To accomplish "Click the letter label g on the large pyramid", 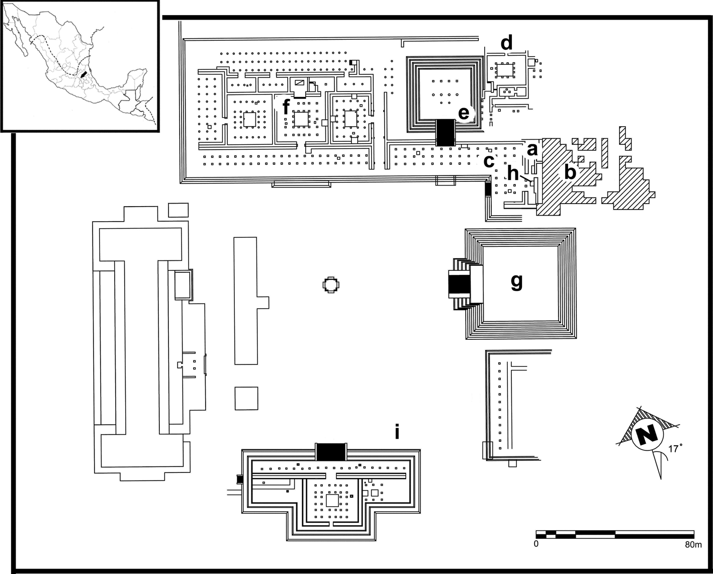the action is pos(516,282).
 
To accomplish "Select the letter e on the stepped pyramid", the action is pos(464,114).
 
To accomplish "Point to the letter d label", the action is pos(506,43).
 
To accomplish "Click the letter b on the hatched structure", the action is pos(569,172).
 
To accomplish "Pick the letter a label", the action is pos(532,149).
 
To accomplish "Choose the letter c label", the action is pos(488,161).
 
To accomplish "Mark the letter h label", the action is pos(512,173).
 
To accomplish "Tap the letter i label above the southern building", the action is pos(397,432).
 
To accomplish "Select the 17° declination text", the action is pos(675,448).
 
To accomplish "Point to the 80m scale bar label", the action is pos(692,544).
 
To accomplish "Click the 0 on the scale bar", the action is pos(536,544).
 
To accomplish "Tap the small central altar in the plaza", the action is pos(330,285).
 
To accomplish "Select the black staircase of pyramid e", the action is pos(445,133).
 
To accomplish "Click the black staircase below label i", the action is pos(331,451).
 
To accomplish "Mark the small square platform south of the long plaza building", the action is pos(246,398).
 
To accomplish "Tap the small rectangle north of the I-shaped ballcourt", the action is pos(178,210).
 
